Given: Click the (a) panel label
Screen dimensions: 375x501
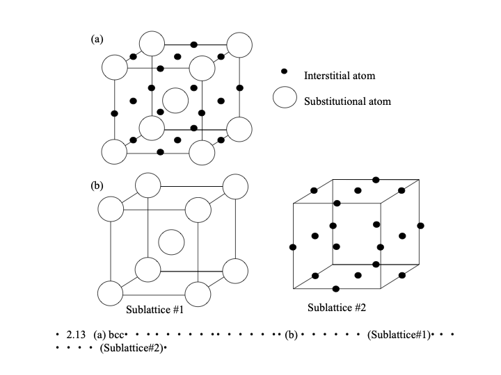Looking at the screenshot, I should pyautogui.click(x=97, y=40).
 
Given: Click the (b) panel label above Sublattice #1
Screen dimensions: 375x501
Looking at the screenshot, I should pyautogui.click(x=97, y=185).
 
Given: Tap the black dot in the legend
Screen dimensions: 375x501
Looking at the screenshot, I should pyautogui.click(x=284, y=72).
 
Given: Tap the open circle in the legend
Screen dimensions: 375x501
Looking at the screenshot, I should pyautogui.click(x=285, y=98).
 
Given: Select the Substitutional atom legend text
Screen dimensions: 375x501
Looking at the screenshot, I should pyautogui.click(x=347, y=101).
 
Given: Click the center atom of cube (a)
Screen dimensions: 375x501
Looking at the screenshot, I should pyautogui.click(x=175, y=101).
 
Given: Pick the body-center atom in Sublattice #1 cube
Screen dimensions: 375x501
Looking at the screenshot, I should pyautogui.click(x=170, y=243).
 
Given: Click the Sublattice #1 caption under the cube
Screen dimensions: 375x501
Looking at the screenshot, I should pyautogui.click(x=154, y=310).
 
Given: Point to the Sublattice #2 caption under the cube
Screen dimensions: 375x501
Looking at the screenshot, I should pyautogui.click(x=337, y=307).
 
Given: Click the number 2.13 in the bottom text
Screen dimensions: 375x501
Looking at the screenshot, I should pyautogui.click(x=76, y=335).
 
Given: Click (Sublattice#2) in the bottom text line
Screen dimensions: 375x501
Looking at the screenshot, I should pyautogui.click(x=132, y=347).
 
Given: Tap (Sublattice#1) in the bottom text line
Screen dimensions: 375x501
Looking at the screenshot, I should pyautogui.click(x=397, y=335).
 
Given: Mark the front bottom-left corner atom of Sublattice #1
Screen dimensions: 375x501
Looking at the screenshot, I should pyautogui.click(x=111, y=292).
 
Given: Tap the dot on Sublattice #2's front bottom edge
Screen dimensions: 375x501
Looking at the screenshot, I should pyautogui.click(x=336, y=288).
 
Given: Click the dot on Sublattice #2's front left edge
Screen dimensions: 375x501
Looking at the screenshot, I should pyautogui.click(x=292, y=247).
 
